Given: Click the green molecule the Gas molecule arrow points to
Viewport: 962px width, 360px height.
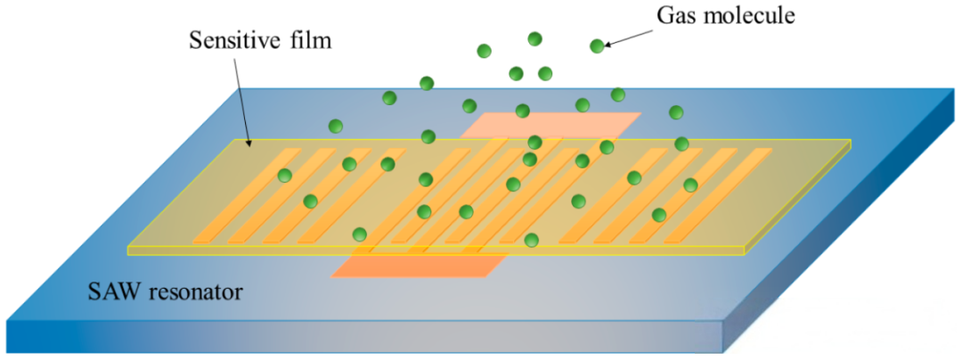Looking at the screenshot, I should [x=597, y=45].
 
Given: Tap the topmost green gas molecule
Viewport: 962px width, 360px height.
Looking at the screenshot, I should [x=534, y=38].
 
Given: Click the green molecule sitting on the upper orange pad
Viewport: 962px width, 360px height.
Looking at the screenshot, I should [x=523, y=111].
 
